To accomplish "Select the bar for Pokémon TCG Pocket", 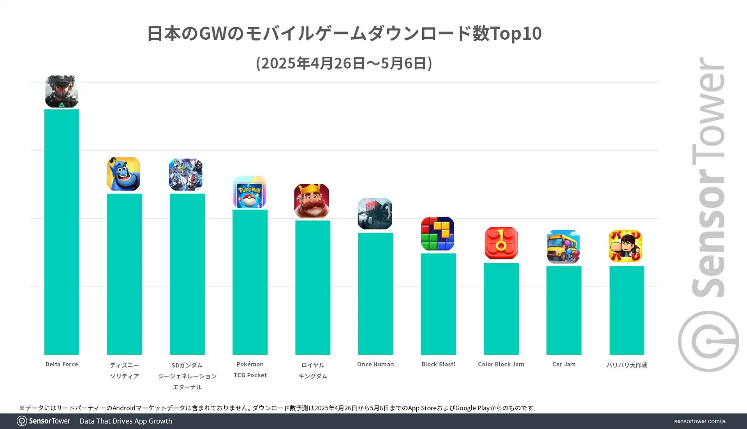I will tap(250, 282).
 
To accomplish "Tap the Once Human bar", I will tap(375, 294).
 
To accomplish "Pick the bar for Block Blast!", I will tap(438, 304).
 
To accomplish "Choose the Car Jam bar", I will tap(564, 310).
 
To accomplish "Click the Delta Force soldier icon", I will tap(62, 91).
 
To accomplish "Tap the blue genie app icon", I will tap(123, 174).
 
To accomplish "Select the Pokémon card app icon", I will tap(249, 192).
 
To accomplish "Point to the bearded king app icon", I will tap(312, 201).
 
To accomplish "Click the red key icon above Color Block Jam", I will tap(501, 243).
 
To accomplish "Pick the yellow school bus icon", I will tap(563, 247).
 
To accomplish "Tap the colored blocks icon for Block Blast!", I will tap(438, 233).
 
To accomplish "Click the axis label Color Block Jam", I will tap(501, 364).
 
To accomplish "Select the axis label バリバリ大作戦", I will tap(626, 365).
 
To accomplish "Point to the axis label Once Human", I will tap(375, 364).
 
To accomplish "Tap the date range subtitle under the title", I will tap(344, 63).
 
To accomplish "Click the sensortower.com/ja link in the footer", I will tap(699, 421).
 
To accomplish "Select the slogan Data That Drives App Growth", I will tap(126, 421).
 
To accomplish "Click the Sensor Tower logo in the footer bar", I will tap(44, 421).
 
